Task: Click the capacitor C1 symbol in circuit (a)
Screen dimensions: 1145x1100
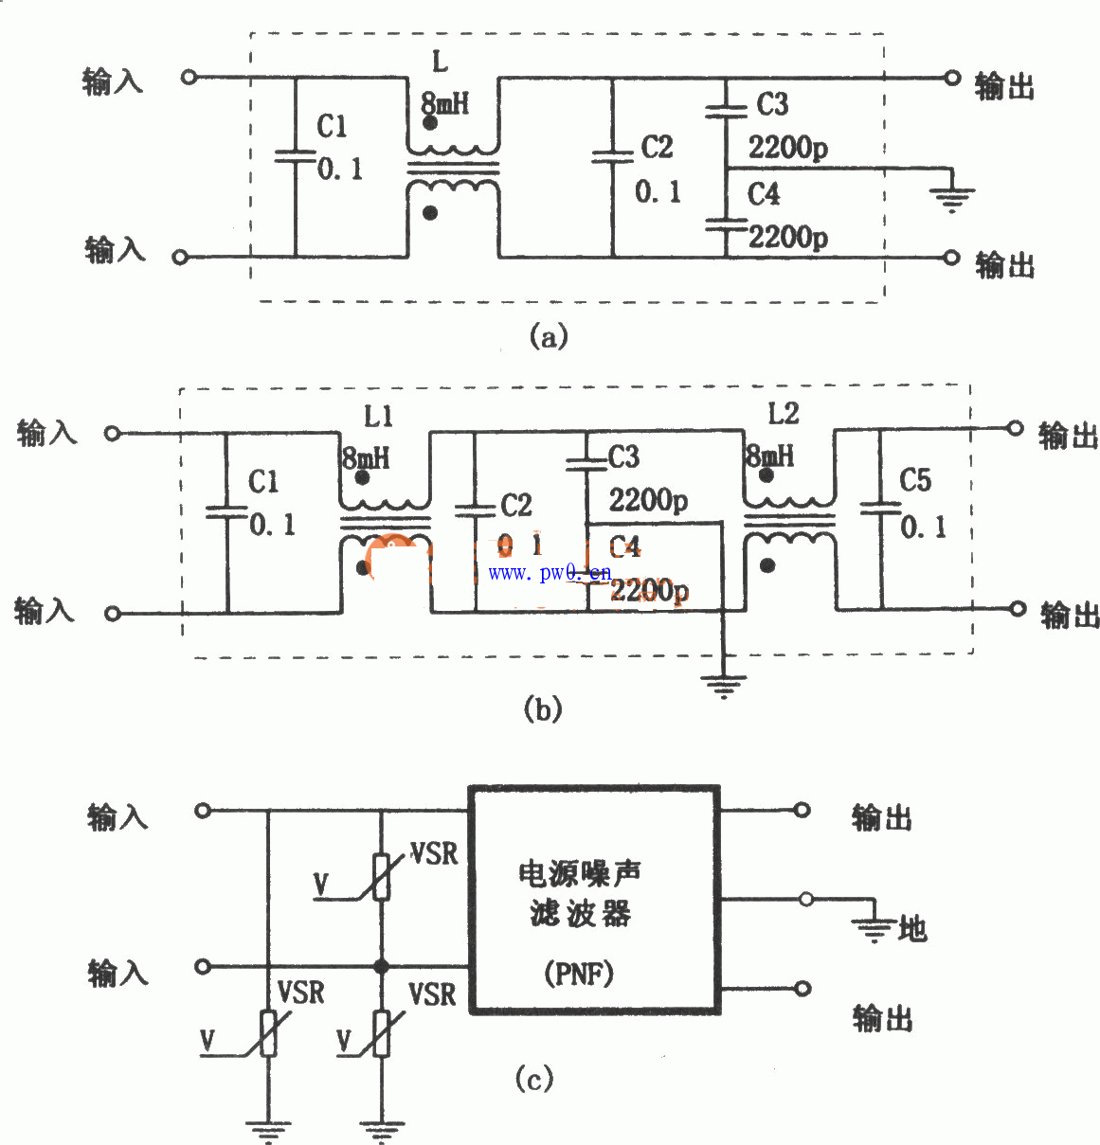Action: pos(295,156)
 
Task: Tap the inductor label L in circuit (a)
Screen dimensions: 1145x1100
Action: pos(440,63)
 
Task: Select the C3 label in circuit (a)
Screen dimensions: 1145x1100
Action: pos(772,104)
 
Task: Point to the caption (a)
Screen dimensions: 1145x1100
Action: pos(549,336)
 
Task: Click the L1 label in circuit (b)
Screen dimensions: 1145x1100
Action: pos(378,416)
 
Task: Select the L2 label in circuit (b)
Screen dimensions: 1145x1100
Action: pos(784,413)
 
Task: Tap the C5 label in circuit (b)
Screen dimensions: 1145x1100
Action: pos(915,481)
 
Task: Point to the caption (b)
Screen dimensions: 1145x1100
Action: pos(543,709)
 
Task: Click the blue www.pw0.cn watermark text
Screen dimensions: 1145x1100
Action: pos(550,573)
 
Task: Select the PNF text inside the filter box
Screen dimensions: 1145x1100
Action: pos(579,973)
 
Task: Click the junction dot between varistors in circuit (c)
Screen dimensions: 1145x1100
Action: pos(382,967)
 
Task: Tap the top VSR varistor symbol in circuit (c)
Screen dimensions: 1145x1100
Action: pos(381,876)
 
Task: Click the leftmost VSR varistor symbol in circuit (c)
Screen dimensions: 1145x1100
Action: pos(268,1032)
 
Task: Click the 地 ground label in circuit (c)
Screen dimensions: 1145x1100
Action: pos(912,929)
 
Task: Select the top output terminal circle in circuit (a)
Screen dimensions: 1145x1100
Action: pos(953,78)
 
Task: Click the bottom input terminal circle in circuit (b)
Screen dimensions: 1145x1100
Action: pos(113,613)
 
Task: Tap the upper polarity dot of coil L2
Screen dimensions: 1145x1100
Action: pos(766,474)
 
